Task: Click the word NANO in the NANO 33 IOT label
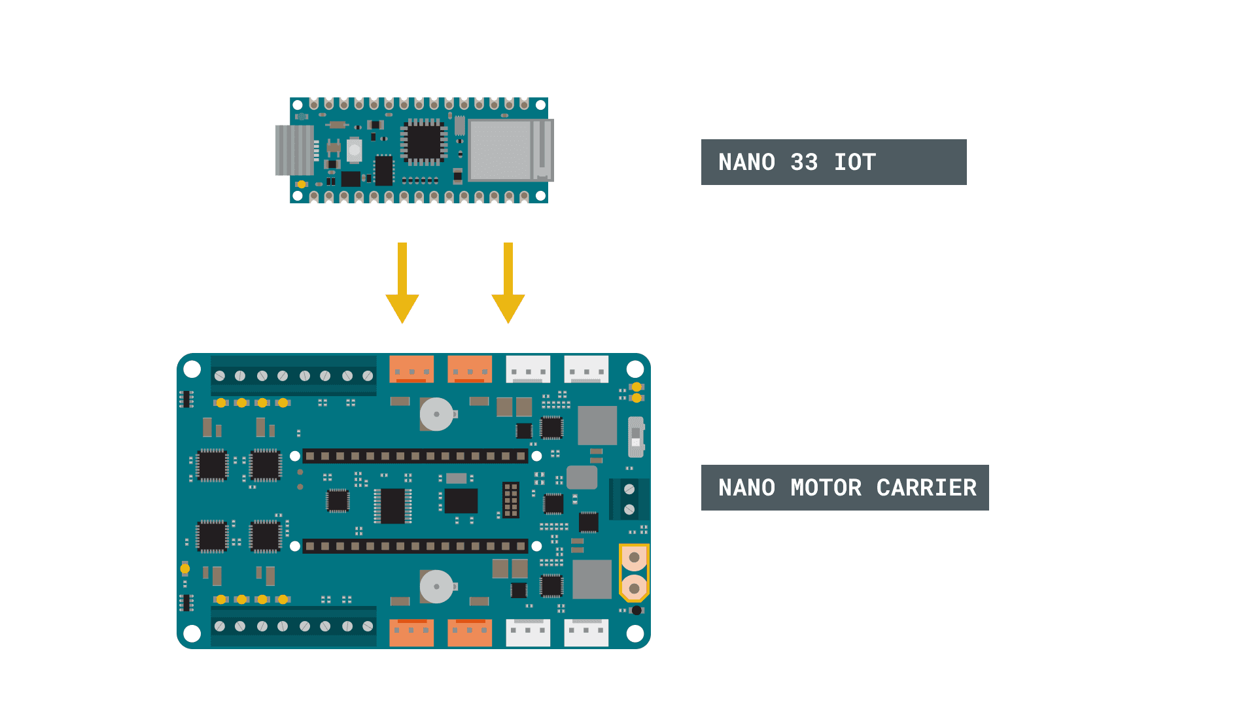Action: pyautogui.click(x=746, y=162)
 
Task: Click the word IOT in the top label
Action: pyautogui.click(x=854, y=162)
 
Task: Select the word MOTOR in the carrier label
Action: pyautogui.click(x=826, y=488)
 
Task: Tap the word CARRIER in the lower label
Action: pyautogui.click(x=926, y=488)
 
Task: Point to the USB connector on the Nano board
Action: pyautogui.click(x=294, y=150)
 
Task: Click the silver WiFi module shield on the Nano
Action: pyautogui.click(x=501, y=150)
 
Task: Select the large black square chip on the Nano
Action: pyautogui.click(x=423, y=141)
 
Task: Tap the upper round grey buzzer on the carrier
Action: pyautogui.click(x=436, y=414)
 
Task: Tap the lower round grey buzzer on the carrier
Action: pyautogui.click(x=436, y=586)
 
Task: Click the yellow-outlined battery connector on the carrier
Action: pyautogui.click(x=634, y=573)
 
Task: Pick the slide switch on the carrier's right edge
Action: pyautogui.click(x=636, y=437)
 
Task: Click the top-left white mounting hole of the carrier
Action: pyautogui.click(x=192, y=369)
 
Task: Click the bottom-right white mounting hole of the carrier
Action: pyautogui.click(x=635, y=633)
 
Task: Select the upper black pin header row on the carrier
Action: pyautogui.click(x=415, y=456)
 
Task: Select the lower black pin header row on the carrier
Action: pyautogui.click(x=415, y=546)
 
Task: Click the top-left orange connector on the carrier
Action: pyautogui.click(x=411, y=369)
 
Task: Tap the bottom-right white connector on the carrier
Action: pyautogui.click(x=586, y=633)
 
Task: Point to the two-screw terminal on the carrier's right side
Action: pyautogui.click(x=629, y=499)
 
